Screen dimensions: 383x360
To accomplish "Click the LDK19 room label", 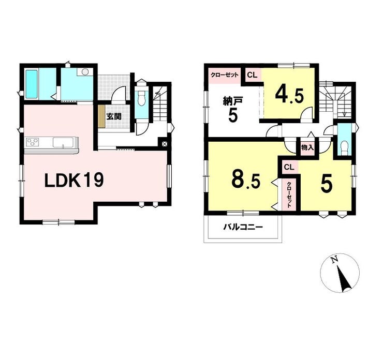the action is click(74, 181).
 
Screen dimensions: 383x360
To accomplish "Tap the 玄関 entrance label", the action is click(113, 116).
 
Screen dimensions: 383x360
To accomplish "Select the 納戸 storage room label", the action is click(232, 101).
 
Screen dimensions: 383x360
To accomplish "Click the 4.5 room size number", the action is click(289, 95).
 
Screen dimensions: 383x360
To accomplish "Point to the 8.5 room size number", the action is click(246, 181).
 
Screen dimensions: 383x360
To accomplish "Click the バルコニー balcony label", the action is click(243, 228).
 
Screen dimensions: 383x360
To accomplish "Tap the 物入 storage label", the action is click(307, 147).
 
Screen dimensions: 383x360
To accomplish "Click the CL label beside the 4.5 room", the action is click(252, 75).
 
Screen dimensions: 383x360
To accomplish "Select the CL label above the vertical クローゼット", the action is click(288, 168).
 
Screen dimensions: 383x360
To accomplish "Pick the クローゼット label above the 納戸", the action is click(224, 75).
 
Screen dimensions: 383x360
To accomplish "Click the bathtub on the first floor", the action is click(32, 84).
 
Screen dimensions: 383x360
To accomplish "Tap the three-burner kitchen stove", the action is click(33, 142).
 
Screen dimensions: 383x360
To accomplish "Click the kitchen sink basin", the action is click(63, 143).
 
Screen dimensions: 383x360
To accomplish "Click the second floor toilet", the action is click(344, 148).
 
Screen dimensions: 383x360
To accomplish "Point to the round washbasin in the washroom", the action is click(85, 72).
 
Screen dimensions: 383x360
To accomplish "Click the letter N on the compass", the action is click(334, 260).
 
